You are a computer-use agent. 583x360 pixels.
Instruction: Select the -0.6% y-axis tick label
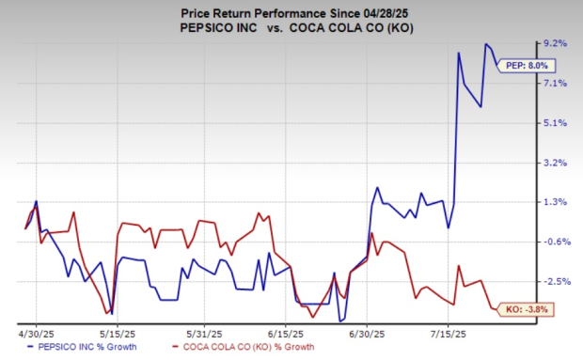point(555,242)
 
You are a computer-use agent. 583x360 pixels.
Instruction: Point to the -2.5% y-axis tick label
point(555,281)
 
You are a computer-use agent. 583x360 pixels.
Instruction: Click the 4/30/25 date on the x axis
point(36,334)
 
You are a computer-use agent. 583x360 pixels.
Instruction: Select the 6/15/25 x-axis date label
point(286,334)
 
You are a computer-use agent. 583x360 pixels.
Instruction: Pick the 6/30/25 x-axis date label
point(368,334)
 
